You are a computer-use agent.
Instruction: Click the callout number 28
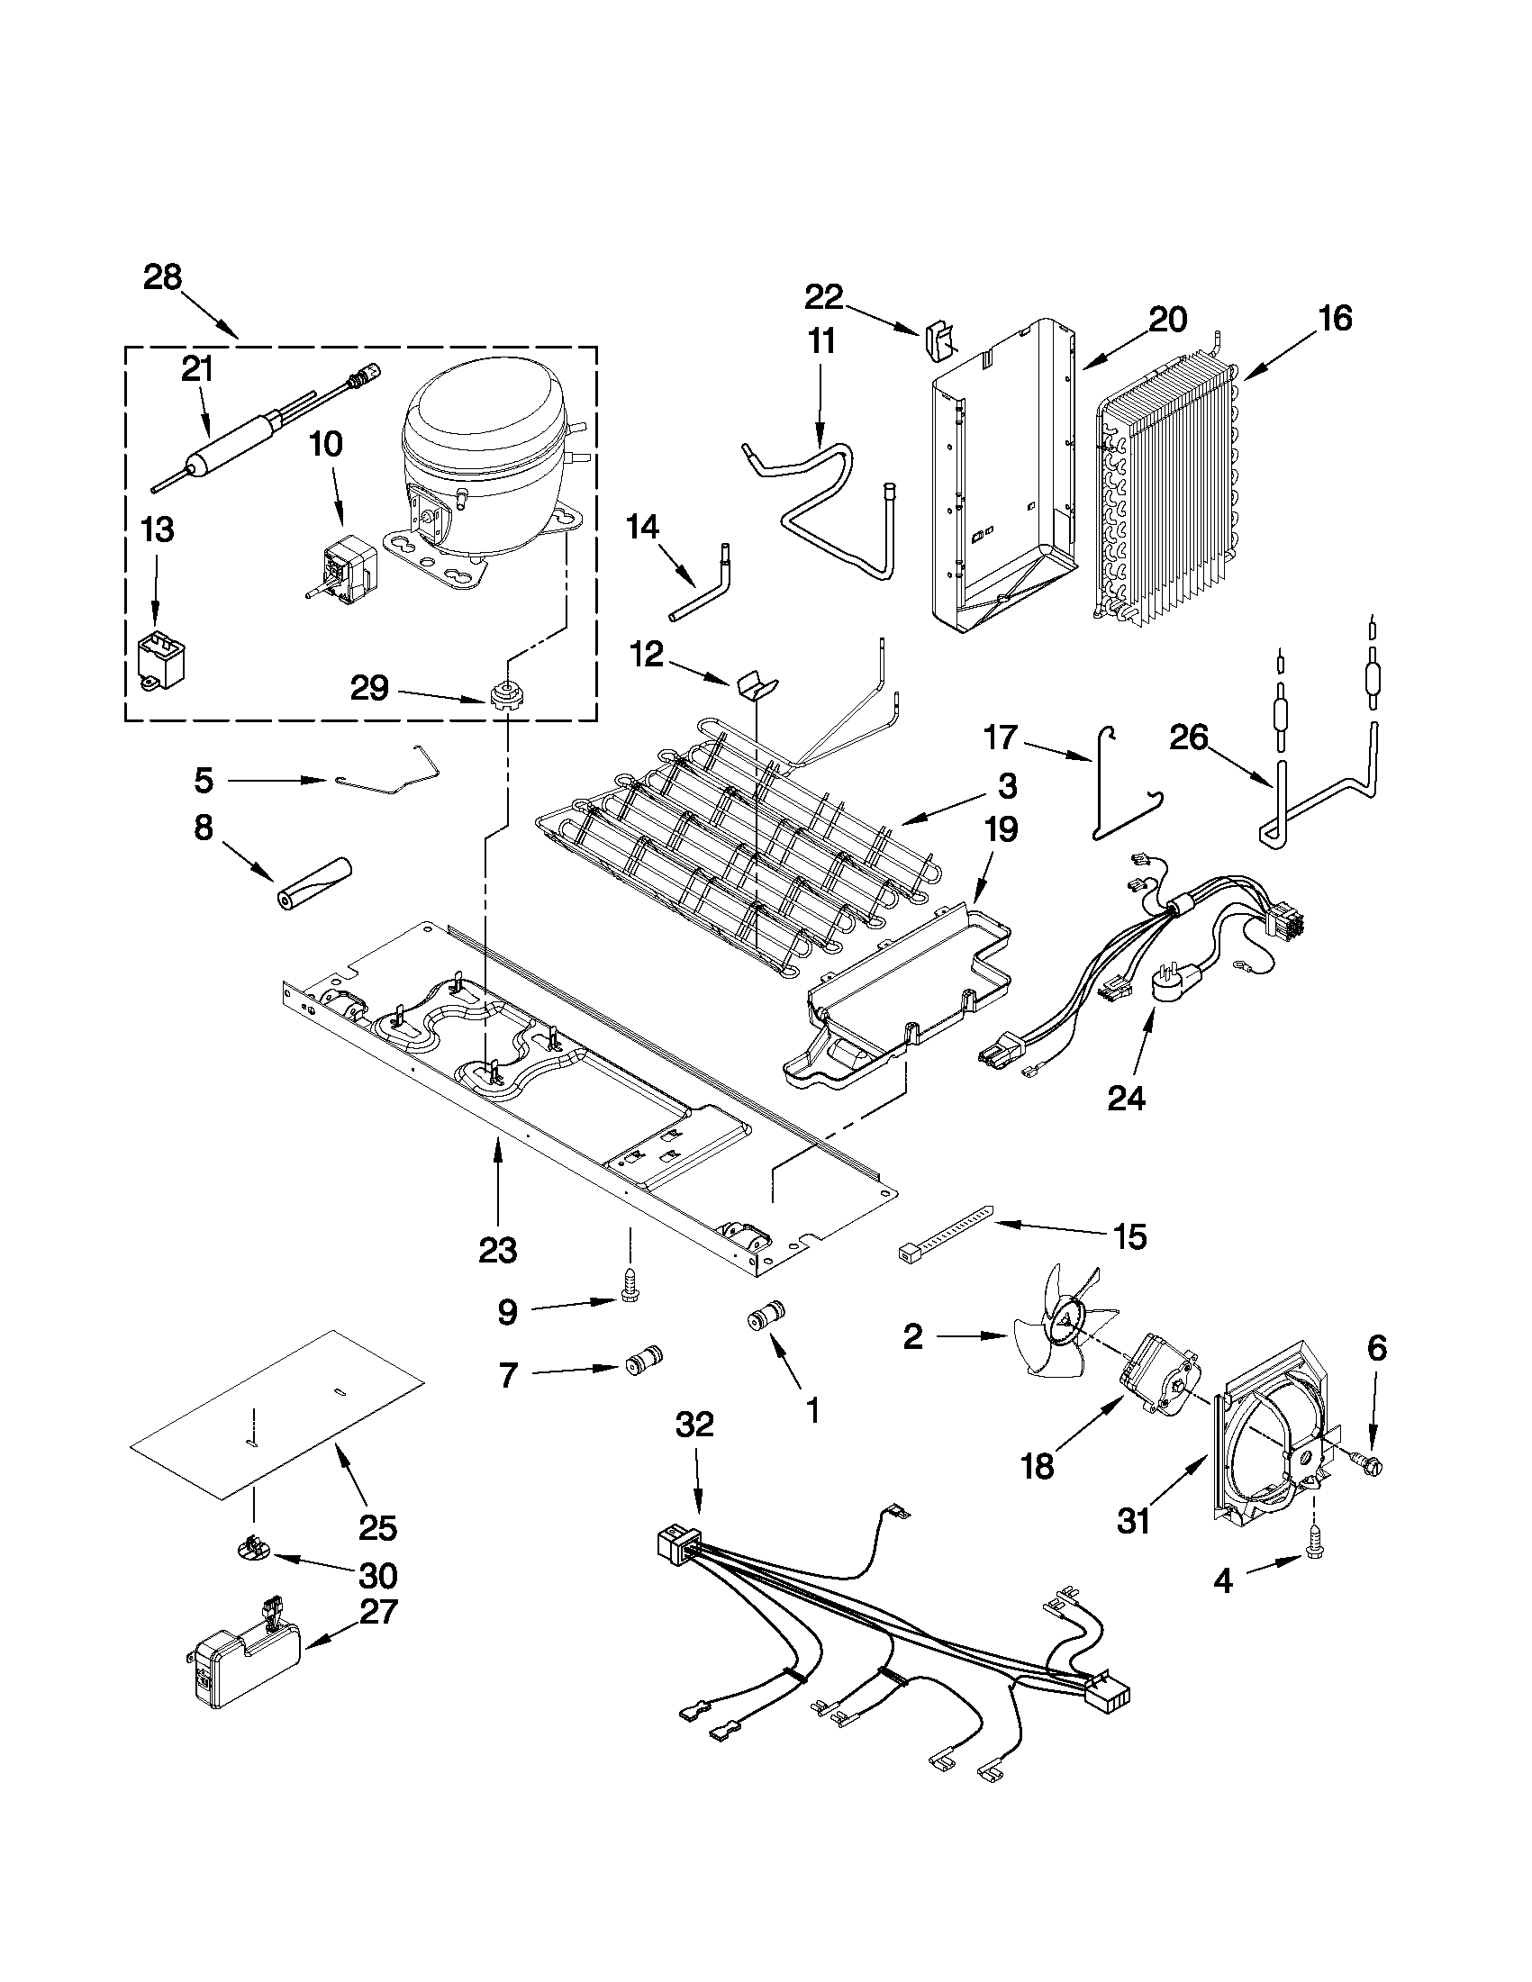coord(162,276)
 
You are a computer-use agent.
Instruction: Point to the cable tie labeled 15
coord(945,1231)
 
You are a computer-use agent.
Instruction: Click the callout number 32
coord(694,1425)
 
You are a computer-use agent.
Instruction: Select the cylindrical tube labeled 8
coord(314,882)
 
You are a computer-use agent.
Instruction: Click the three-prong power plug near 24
coord(1176,983)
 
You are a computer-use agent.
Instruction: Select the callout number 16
coord(1336,319)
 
